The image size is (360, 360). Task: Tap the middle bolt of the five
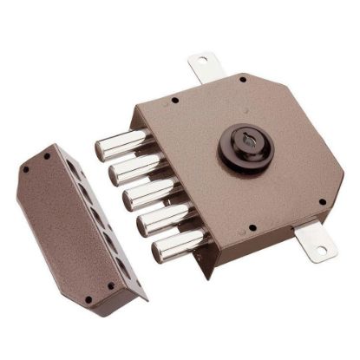(142, 195)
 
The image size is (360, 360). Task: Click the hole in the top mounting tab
(203, 61)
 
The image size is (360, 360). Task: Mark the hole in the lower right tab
(320, 251)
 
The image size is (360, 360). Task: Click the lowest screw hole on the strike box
(88, 300)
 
